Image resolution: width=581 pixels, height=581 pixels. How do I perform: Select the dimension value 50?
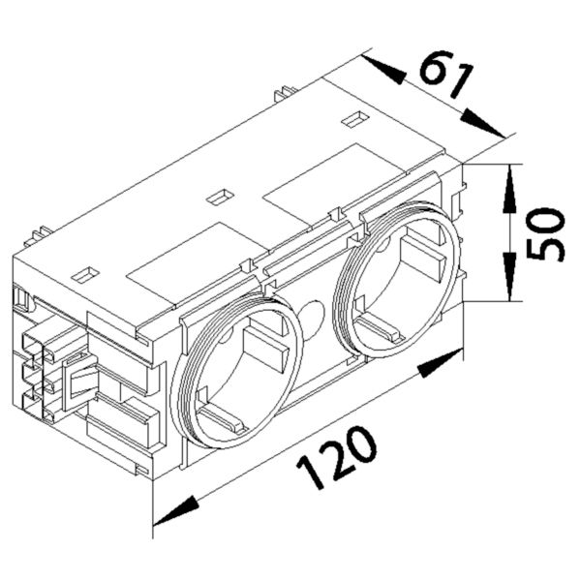pyautogui.click(x=548, y=232)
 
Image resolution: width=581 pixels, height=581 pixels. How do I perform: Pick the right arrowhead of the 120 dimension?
pyautogui.click(x=441, y=367)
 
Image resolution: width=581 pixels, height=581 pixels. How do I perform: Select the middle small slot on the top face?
pyautogui.click(x=220, y=197)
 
